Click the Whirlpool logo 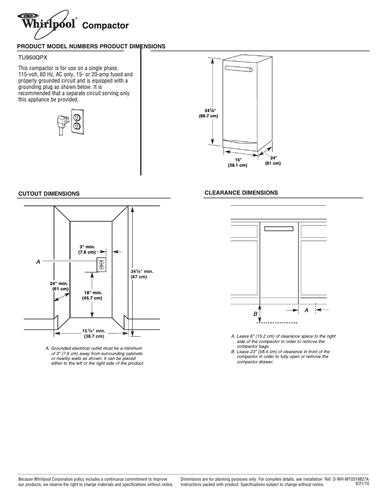pyautogui.click(x=47, y=22)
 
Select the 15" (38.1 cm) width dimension pyautogui.click(x=237, y=162)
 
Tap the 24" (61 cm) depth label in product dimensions pyautogui.click(x=273, y=160)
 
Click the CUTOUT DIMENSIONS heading pyautogui.click(x=49, y=194)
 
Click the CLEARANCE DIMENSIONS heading pyautogui.click(x=241, y=193)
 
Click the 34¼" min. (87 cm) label pyautogui.click(x=142, y=274)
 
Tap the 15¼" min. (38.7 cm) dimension pyautogui.click(x=94, y=333)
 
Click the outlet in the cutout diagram pyautogui.click(x=101, y=265)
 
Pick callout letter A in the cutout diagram pyautogui.click(x=38, y=261)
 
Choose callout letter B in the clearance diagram pyautogui.click(x=255, y=314)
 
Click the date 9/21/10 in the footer pyautogui.click(x=362, y=484)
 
